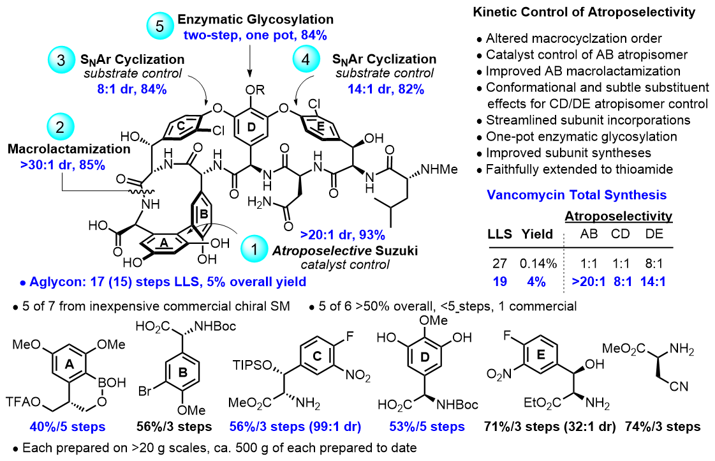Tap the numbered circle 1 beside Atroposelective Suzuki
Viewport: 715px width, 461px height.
pos(258,250)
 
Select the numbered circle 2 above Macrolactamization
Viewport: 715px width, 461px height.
pos(61,125)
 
